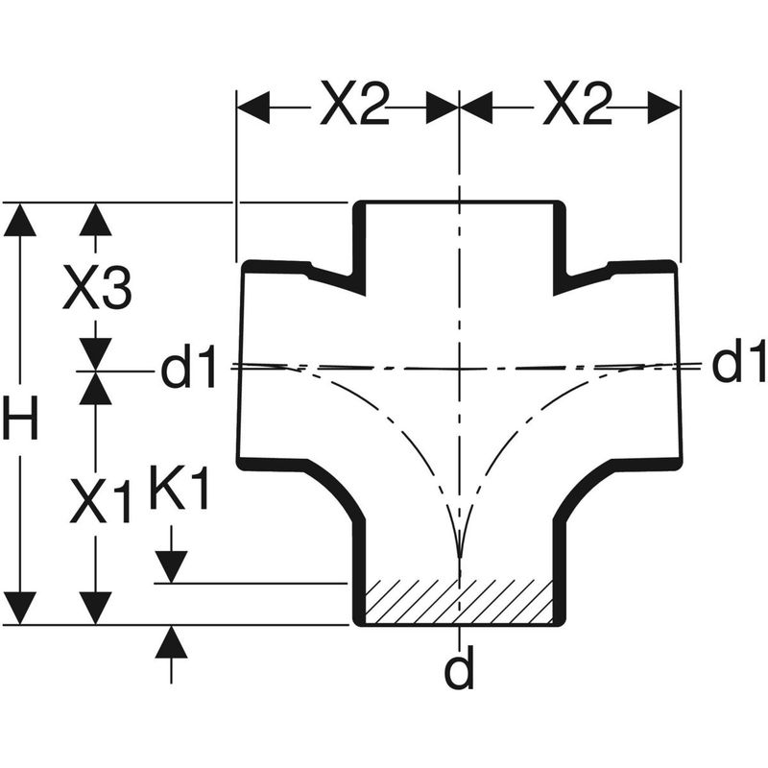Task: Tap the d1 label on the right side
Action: tap(738, 364)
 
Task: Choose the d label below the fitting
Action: tap(460, 672)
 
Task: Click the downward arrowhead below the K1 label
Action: tap(171, 567)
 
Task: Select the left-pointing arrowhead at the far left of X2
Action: tap(252, 108)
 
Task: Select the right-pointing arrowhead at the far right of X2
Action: tap(664, 108)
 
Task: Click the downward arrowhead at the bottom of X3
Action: tap(96, 353)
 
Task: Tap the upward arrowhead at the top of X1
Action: tap(96, 387)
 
